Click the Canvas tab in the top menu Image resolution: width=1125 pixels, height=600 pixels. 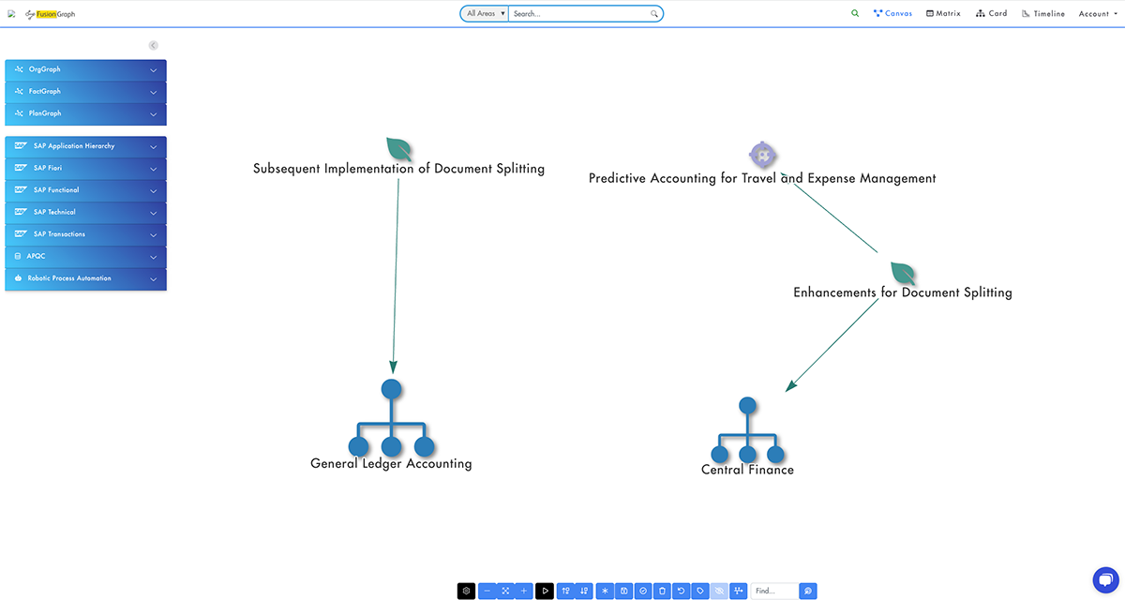click(892, 14)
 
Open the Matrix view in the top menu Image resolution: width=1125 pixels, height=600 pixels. click(943, 14)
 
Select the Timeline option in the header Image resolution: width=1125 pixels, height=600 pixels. click(1043, 14)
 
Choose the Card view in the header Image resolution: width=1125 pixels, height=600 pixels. click(992, 14)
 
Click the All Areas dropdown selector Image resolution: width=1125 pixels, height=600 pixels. click(485, 14)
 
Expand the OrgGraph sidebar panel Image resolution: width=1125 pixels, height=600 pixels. click(85, 69)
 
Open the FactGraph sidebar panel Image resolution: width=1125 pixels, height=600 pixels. click(85, 92)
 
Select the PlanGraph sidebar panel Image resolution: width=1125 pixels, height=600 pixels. click(85, 113)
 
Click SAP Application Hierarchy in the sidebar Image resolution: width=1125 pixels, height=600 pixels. click(85, 146)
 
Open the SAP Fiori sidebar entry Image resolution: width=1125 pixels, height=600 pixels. click(85, 168)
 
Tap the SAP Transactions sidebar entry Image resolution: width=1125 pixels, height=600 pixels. click(85, 234)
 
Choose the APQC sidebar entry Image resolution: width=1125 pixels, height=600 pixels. click(85, 256)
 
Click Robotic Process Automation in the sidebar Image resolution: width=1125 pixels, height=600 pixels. click(85, 278)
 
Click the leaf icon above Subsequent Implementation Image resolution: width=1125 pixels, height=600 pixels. click(399, 149)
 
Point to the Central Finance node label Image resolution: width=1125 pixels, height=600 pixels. click(747, 470)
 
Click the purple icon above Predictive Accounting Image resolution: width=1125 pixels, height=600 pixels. click(762, 155)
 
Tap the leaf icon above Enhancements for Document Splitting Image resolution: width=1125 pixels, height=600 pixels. click(903, 274)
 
